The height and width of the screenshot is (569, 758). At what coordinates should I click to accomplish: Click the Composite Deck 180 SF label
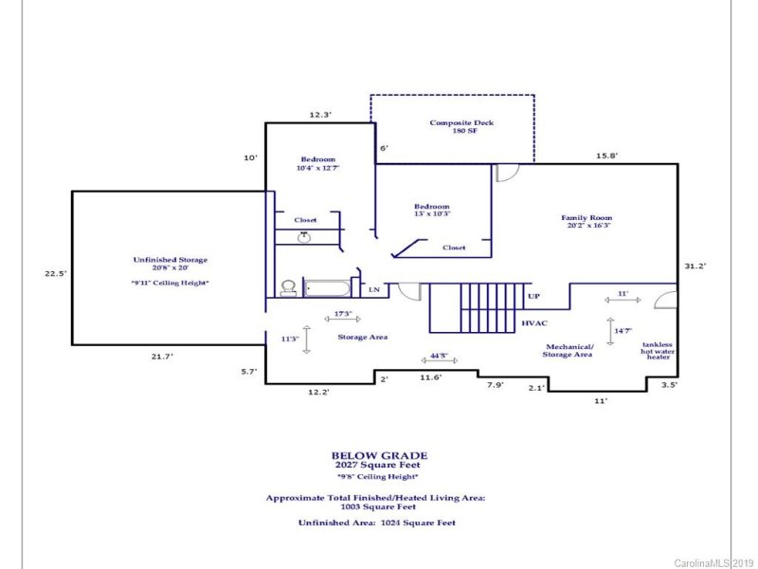click(461, 127)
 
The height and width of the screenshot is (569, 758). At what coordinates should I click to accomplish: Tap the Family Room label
click(587, 221)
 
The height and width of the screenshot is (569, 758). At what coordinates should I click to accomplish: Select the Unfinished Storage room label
click(170, 265)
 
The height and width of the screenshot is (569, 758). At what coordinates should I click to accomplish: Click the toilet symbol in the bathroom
click(287, 287)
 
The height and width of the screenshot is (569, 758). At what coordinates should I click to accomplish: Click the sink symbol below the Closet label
click(303, 235)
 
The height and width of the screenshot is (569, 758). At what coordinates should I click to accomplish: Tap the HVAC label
click(535, 323)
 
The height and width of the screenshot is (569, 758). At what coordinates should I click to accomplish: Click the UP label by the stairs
click(533, 297)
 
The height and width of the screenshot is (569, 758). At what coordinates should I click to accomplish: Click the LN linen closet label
click(374, 289)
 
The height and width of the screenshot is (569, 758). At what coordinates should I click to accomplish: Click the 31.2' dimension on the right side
click(695, 266)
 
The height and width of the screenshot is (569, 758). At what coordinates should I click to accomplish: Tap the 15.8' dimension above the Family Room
click(607, 156)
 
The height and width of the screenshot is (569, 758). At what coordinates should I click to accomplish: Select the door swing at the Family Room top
click(507, 173)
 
